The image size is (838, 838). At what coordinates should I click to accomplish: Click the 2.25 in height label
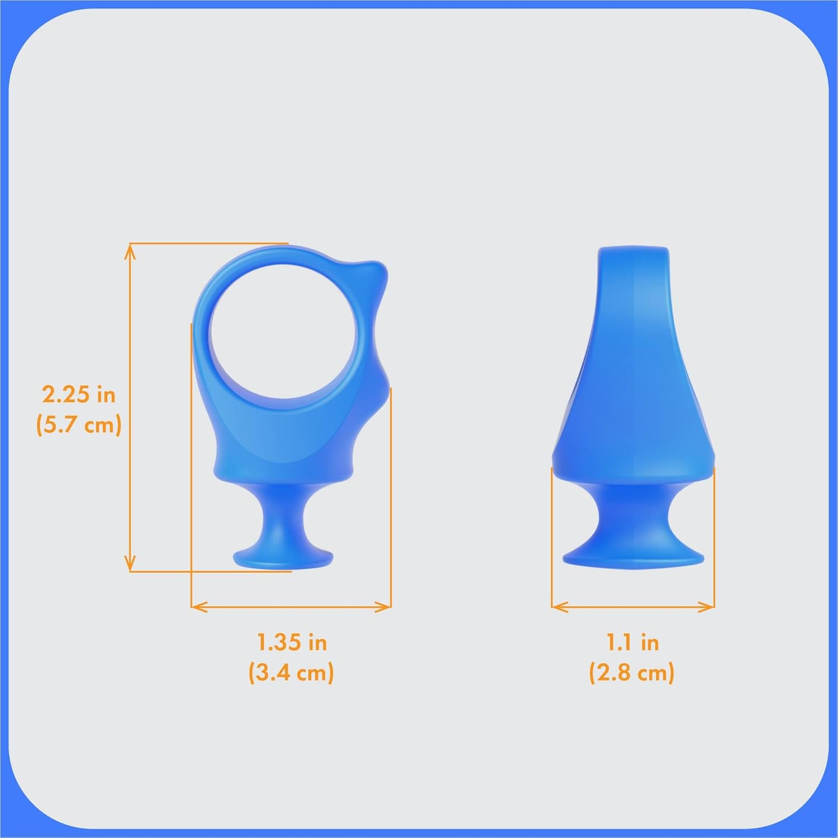(79, 395)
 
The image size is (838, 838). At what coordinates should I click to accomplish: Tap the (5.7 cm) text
(79, 425)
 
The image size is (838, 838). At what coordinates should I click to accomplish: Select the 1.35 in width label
(292, 642)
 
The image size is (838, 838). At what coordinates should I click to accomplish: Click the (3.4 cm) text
(291, 672)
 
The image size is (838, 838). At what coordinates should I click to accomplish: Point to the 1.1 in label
(632, 642)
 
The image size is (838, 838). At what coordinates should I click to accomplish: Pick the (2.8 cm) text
(632, 672)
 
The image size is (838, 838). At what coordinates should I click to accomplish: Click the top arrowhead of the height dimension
(130, 249)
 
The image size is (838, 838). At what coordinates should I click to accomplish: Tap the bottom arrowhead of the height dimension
(130, 565)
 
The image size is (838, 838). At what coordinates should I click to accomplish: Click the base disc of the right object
(633, 556)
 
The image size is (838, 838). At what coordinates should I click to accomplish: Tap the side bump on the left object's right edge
(381, 391)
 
